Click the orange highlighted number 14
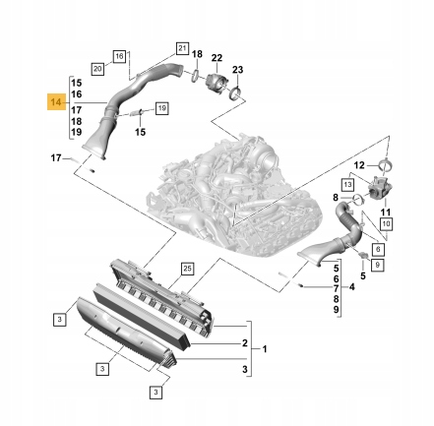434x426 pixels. pyautogui.click(x=55, y=101)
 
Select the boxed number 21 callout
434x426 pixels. pyautogui.click(x=181, y=47)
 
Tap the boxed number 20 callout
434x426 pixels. pyautogui.click(x=97, y=69)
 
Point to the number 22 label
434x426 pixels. pyautogui.click(x=217, y=58)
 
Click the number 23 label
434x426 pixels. pyautogui.click(x=237, y=71)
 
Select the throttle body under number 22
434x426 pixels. pyautogui.click(x=214, y=83)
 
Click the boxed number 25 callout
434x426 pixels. pyautogui.click(x=187, y=268)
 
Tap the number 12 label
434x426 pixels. pyautogui.click(x=358, y=165)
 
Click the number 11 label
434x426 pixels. pyautogui.click(x=385, y=212)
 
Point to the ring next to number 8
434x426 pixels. pyautogui.click(x=357, y=200)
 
